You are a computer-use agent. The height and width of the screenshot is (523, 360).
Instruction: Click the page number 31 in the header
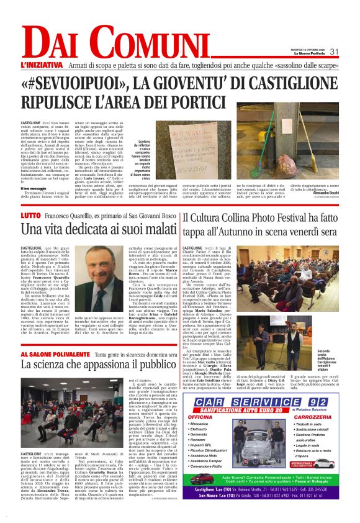click(x=333, y=52)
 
